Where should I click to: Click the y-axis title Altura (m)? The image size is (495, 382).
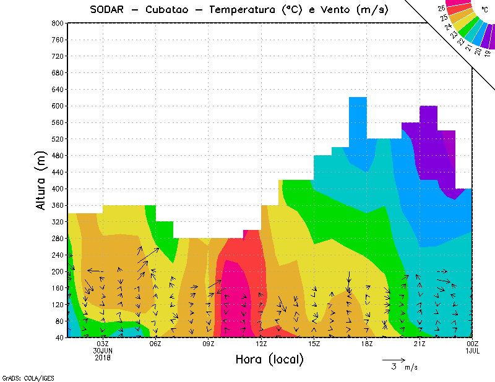point(41,181)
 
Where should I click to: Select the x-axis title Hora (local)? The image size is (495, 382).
point(269,359)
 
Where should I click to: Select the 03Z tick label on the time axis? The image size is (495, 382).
point(103,344)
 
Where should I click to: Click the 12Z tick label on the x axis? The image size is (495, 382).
point(261,344)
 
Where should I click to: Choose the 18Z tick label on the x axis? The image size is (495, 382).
point(367,344)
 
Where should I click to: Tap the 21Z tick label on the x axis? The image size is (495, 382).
point(420,344)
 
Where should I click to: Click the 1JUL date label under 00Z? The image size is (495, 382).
point(473,351)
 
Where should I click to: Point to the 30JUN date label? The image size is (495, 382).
point(102,351)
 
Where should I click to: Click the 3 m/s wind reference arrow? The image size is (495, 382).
point(394,359)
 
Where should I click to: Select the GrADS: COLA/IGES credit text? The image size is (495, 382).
point(22,377)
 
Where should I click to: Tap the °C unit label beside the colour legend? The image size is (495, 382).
point(484,10)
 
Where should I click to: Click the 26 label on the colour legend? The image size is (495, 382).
point(442,9)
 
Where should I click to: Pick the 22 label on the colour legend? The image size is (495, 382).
point(461,43)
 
